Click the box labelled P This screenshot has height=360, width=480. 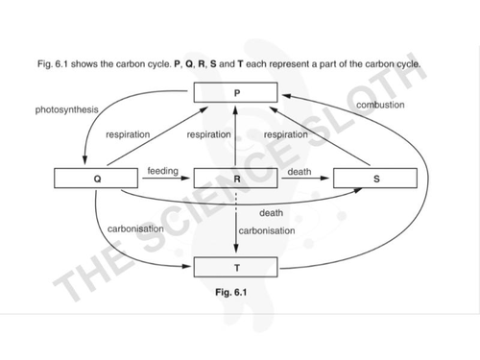(x=235, y=92)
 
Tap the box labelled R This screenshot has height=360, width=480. (x=235, y=179)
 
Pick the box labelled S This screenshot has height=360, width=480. (x=374, y=179)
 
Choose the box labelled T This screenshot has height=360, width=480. (x=235, y=267)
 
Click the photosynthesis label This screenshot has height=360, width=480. (x=67, y=110)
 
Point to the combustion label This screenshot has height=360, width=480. (x=380, y=105)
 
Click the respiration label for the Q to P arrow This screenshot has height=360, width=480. (x=128, y=134)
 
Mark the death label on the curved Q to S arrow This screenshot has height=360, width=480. (x=271, y=212)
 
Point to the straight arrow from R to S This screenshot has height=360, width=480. (x=305, y=180)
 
